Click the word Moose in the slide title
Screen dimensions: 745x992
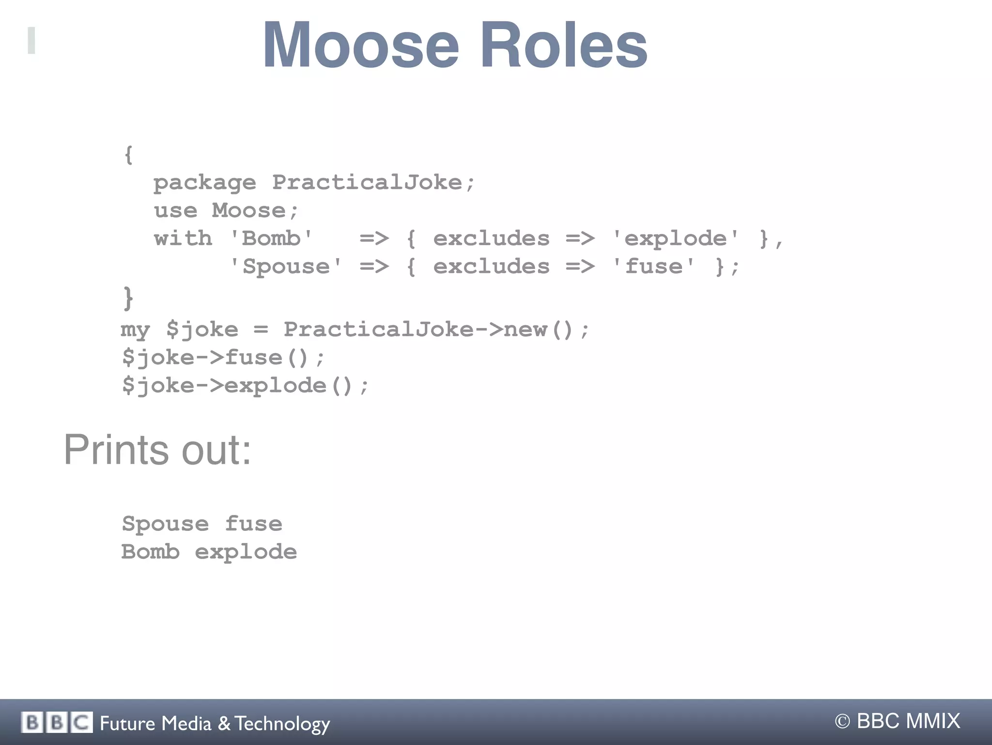pos(360,46)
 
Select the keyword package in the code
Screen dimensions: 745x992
pos(204,183)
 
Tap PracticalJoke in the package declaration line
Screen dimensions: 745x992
pos(367,182)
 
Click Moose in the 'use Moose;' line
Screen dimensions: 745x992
pos(249,211)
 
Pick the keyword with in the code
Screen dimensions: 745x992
pos(183,238)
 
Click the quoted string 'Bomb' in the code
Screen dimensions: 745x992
pos(271,238)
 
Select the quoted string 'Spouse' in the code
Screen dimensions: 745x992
pos(286,266)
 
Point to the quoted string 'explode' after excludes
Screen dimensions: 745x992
pos(676,238)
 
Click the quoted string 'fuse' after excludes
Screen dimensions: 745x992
pos(653,266)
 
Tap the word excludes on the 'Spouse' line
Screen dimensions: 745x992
pos(491,266)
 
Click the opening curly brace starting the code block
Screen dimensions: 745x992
pos(128,155)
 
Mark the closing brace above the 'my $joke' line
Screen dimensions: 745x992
pos(128,297)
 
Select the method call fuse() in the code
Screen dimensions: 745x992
pos(267,358)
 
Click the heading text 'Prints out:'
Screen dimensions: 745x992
pos(157,450)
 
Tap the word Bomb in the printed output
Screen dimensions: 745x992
pos(151,552)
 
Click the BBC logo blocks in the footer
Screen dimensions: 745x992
pos(57,723)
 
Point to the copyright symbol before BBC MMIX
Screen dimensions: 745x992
pos(842,722)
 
